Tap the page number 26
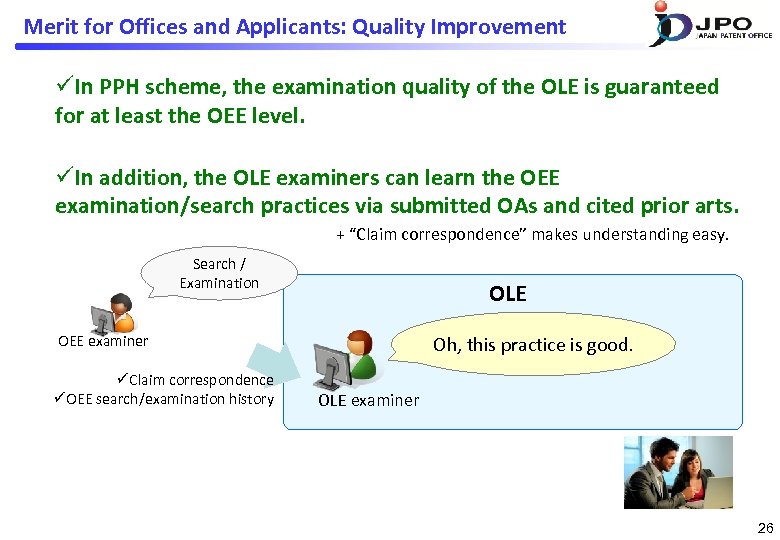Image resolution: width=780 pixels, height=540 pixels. point(765,527)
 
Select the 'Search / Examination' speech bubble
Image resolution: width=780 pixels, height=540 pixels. point(219,273)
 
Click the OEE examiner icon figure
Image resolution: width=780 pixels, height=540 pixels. point(112,313)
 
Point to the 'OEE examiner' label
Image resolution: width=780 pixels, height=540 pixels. point(103,341)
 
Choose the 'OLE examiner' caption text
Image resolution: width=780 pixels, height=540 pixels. point(368,400)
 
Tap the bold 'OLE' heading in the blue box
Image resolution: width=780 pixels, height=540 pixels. point(507,293)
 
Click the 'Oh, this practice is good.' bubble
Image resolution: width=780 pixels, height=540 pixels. point(532,345)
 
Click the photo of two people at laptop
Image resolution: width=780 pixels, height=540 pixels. point(678,472)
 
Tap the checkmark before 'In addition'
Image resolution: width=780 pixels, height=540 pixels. point(63,178)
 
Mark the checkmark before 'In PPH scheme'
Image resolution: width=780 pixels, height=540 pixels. point(63,87)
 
